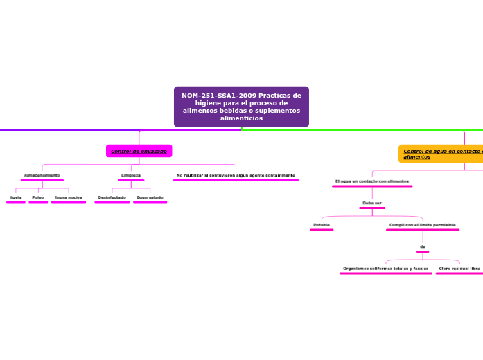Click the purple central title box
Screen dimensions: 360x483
click(x=241, y=107)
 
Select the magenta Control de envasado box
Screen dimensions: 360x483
click(x=139, y=151)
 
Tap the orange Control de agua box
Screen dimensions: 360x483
click(x=441, y=154)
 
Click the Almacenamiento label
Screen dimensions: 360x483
click(x=42, y=175)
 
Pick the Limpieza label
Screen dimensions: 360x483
click(x=131, y=175)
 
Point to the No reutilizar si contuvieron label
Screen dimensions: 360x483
click(x=236, y=175)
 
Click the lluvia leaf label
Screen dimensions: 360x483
click(x=15, y=197)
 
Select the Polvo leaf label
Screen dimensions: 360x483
click(x=38, y=197)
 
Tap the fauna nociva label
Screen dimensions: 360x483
click(x=69, y=197)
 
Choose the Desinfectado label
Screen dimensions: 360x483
click(x=112, y=197)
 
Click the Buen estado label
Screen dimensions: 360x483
click(x=150, y=197)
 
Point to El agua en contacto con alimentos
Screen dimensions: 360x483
click(x=372, y=181)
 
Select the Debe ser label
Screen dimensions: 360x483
click(x=372, y=203)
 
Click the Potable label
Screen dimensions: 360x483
click(x=322, y=225)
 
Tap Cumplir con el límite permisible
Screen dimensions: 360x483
click(x=422, y=225)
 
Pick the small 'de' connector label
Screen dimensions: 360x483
click(x=422, y=246)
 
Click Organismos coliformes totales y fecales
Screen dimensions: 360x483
click(x=385, y=268)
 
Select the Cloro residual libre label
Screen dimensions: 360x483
click(x=459, y=268)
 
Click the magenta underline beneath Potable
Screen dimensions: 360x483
click(x=322, y=230)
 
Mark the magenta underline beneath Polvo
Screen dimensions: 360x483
click(x=38, y=202)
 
